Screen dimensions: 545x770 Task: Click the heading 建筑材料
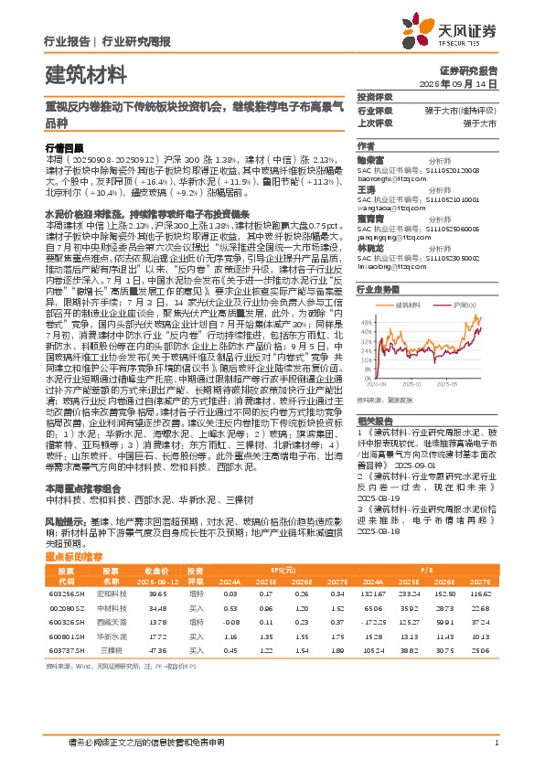(85, 72)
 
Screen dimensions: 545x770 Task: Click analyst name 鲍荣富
(370, 158)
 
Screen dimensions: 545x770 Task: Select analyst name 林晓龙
(370, 247)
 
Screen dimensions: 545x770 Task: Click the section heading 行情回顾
(64, 146)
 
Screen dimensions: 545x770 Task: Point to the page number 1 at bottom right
(496, 743)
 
